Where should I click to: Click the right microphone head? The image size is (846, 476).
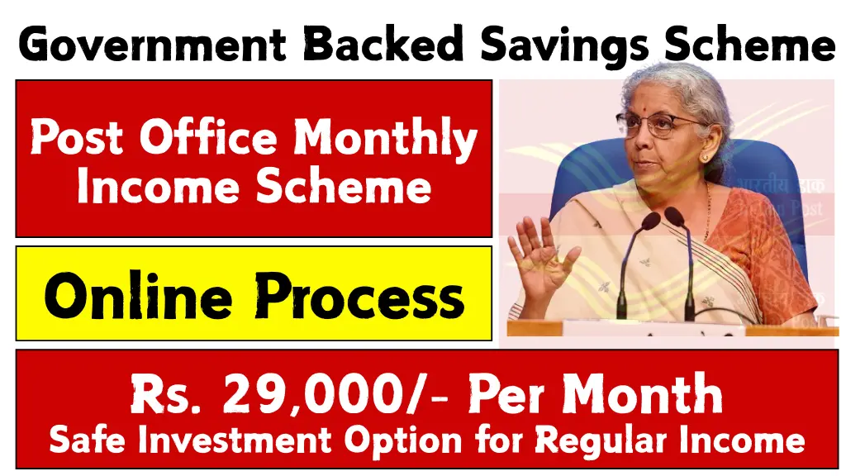675,217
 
